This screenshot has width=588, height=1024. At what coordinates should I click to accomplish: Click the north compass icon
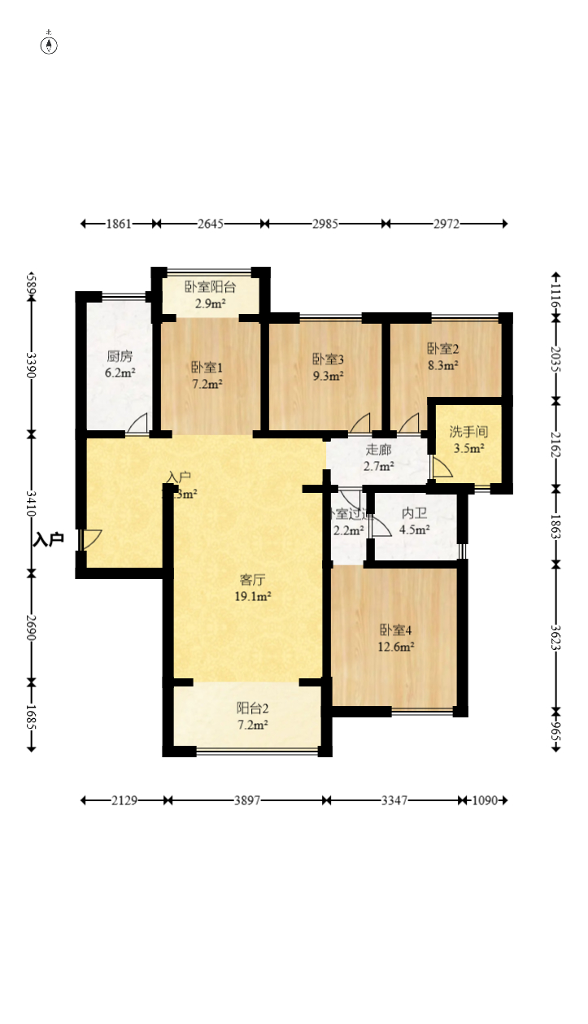point(50,44)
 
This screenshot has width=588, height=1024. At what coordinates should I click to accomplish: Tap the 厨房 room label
point(120,356)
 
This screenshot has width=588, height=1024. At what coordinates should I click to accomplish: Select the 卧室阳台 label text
point(210,287)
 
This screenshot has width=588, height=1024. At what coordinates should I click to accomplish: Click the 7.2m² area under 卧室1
point(207,384)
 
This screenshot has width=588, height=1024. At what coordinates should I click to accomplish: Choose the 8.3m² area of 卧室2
point(443,366)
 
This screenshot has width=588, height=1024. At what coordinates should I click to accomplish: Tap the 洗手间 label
point(468,432)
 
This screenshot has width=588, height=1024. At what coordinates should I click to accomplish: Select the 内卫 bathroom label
point(414,513)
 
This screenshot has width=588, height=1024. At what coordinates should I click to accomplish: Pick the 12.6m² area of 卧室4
point(396,647)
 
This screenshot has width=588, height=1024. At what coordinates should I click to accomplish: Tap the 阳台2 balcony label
point(252,708)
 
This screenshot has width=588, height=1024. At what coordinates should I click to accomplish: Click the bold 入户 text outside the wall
point(49,539)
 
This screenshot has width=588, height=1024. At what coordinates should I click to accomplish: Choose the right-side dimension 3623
point(555,635)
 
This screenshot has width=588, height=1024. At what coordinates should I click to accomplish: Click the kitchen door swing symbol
point(138,424)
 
